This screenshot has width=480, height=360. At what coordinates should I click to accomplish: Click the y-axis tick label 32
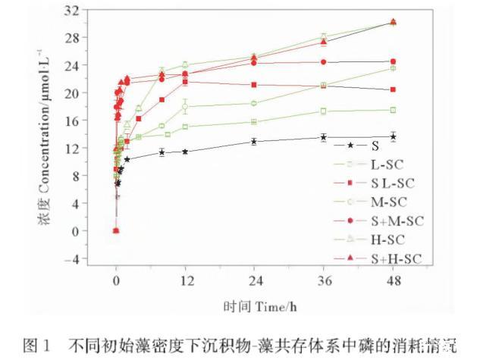coord(90,10)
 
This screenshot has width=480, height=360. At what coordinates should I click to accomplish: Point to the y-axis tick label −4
coord(90,258)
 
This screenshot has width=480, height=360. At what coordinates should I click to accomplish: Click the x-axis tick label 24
coord(254,280)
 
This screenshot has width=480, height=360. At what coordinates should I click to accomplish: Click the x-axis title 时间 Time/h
coord(255,307)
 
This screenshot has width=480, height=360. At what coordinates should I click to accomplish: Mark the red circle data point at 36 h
coord(324,62)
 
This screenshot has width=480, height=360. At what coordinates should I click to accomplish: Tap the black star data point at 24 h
coord(254,141)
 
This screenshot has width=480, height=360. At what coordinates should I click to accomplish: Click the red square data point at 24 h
coord(254,84)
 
